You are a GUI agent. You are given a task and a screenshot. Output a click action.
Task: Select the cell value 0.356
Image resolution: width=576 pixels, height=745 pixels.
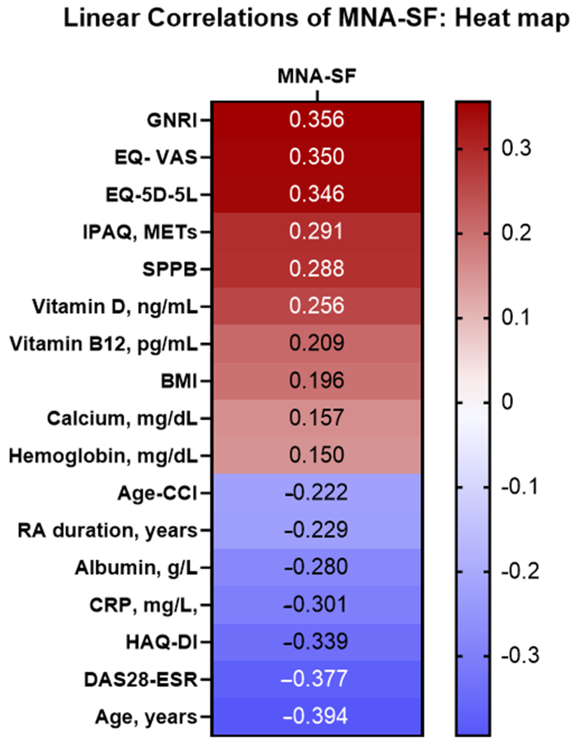[x=316, y=120]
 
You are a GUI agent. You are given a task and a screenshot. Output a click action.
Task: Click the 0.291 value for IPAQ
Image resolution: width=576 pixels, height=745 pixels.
[x=316, y=231]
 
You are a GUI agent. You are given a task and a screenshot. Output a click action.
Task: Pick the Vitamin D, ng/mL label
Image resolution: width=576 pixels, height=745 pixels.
[x=115, y=307]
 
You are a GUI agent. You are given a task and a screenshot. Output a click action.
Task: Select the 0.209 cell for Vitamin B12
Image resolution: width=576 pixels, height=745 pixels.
[x=316, y=343]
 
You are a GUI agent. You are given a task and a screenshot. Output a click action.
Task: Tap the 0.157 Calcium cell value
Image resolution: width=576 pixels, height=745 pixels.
[x=316, y=418]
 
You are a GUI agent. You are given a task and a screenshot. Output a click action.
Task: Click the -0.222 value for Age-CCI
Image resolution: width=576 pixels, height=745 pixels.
[x=316, y=492]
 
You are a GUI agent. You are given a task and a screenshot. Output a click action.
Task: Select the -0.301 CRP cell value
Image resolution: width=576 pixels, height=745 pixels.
[x=315, y=604]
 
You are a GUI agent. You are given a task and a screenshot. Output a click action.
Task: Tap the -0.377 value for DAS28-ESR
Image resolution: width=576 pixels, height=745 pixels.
[x=314, y=679]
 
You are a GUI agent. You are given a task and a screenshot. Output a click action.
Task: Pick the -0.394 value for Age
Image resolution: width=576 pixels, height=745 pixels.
[x=315, y=716]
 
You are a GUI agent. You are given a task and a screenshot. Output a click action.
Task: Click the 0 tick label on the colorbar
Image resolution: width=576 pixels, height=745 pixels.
[x=507, y=402]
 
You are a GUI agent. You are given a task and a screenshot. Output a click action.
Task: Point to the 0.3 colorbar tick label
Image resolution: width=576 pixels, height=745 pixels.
[x=516, y=148]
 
